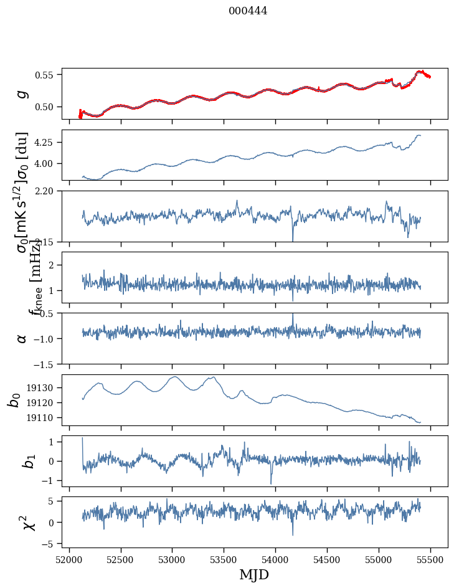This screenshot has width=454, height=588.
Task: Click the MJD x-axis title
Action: [x=254, y=574]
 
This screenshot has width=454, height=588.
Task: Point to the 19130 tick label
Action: [x=43, y=387]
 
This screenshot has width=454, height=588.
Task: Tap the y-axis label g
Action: [x=22, y=93]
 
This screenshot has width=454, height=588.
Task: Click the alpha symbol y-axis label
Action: [x=22, y=338]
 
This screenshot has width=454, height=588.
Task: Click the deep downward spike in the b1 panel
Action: [x=271, y=483]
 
